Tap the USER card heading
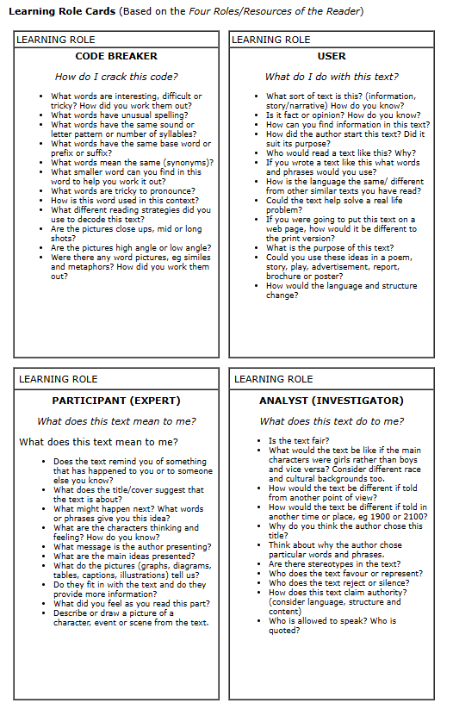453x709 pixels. [332, 56]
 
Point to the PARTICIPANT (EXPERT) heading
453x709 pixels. [116, 401]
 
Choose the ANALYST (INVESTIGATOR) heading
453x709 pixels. [332, 401]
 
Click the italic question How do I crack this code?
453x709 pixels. [116, 76]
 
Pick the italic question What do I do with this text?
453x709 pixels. [332, 76]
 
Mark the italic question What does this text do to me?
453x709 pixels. [332, 421]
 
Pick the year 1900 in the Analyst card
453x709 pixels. [380, 517]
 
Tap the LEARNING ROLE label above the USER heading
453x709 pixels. [270, 40]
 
